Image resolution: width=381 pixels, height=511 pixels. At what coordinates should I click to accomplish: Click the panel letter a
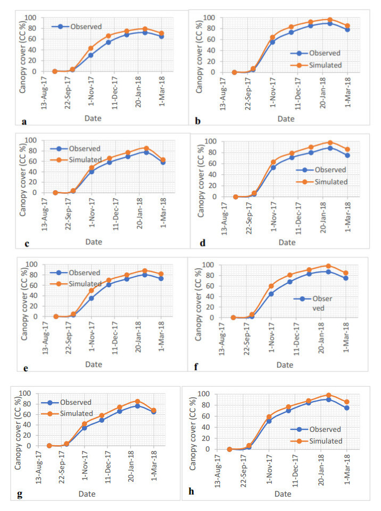coord(24,122)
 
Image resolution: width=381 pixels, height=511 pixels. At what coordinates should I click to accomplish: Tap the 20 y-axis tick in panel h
coord(219,438)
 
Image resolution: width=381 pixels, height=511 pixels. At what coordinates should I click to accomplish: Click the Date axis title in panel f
coord(285,365)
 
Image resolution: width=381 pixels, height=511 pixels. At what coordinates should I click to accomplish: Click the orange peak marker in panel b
coord(330,20)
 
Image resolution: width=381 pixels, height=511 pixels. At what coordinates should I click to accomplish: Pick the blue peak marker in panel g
coord(137,406)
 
